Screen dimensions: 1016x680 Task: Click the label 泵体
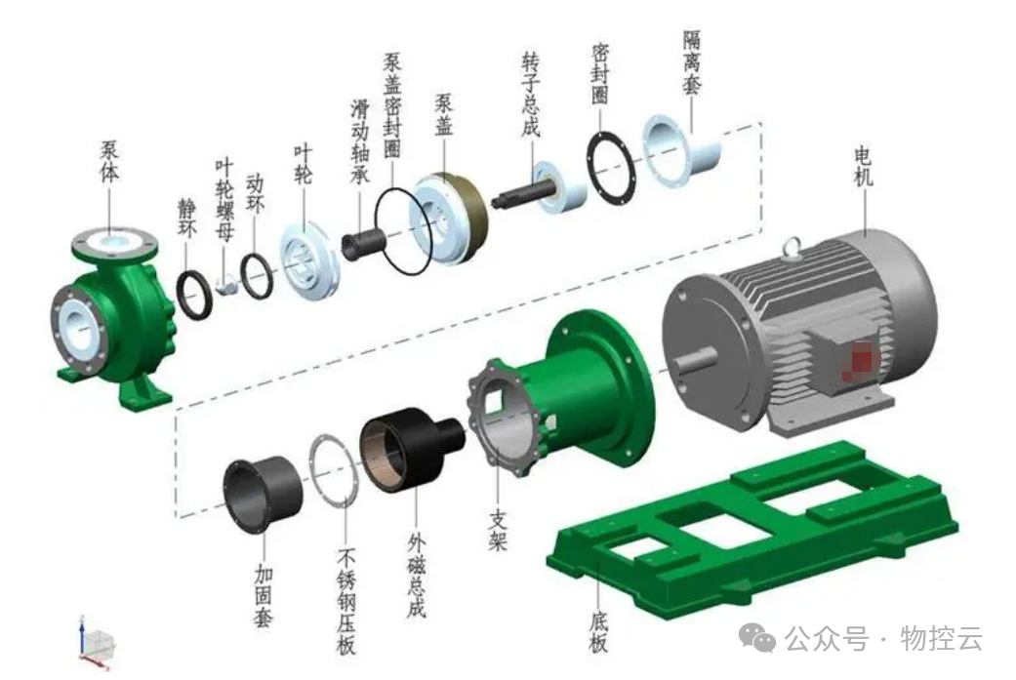[x=109, y=162]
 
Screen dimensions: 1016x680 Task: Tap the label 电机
[x=864, y=167]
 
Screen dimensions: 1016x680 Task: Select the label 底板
[x=598, y=631]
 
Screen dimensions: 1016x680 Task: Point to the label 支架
[x=498, y=531]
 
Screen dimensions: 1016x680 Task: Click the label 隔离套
[x=692, y=62]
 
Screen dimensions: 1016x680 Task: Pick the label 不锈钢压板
[x=346, y=601]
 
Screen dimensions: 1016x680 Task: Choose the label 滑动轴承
[x=359, y=140]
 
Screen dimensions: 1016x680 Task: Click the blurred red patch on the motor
[x=859, y=359]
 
